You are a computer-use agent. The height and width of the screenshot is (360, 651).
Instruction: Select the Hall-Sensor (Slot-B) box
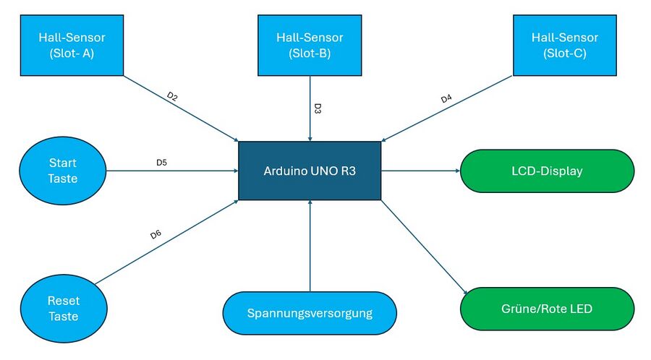[310, 45]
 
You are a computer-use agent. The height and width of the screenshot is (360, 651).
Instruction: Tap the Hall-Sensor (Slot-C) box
[564, 45]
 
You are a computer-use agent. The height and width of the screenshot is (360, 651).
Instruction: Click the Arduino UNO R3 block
[310, 171]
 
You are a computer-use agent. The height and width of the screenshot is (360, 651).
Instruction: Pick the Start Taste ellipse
[62, 171]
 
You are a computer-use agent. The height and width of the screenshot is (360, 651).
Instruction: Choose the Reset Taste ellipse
[63, 309]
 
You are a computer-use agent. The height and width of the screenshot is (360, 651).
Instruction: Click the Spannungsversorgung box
[310, 314]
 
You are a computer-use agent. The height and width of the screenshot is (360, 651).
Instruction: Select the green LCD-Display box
[547, 171]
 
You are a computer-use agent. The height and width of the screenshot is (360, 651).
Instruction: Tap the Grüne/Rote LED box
[547, 309]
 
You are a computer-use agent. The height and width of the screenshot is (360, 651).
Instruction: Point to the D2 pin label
[172, 95]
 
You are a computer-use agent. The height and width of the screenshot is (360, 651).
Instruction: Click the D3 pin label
[318, 109]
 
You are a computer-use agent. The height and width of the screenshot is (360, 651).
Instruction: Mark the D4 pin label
[447, 98]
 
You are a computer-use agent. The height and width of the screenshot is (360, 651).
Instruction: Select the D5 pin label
[162, 163]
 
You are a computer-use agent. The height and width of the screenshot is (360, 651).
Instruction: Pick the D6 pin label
[156, 234]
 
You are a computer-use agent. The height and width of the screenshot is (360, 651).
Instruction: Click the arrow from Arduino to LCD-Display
[420, 171]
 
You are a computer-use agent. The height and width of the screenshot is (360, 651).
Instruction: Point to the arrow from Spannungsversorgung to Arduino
[310, 246]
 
